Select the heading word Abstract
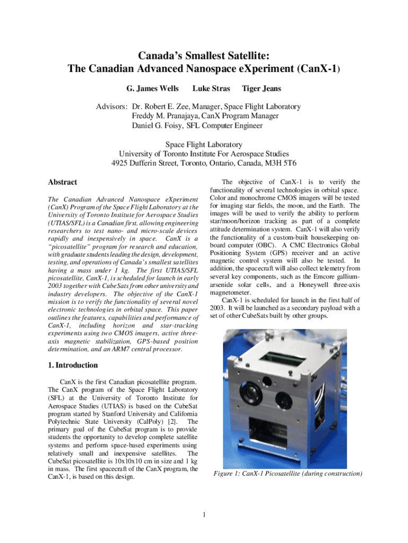coord(63,182)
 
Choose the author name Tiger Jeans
coord(261,89)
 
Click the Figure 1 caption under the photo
coord(287,473)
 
